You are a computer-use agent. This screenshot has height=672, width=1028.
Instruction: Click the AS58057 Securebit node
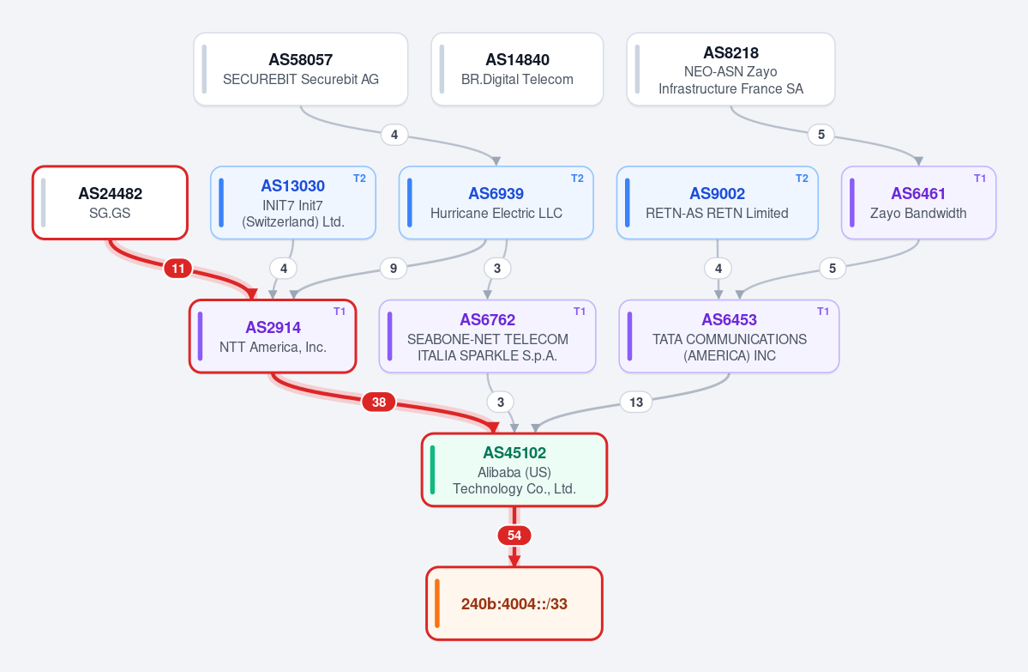[301, 69]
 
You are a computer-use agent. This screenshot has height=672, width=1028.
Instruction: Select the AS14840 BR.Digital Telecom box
[517, 69]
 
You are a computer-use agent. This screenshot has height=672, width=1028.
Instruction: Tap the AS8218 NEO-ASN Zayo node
[731, 69]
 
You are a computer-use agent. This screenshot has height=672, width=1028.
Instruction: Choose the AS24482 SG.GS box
[110, 203]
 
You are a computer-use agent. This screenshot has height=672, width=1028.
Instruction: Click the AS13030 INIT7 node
[293, 203]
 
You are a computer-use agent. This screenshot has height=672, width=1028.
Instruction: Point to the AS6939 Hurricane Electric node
[496, 203]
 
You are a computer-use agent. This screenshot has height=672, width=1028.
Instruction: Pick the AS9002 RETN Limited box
[718, 203]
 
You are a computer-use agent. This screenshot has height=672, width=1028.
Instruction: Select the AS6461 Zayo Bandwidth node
[918, 203]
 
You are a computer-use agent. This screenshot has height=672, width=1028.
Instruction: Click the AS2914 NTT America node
[273, 336]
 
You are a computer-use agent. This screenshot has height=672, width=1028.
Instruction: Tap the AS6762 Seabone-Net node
[488, 336]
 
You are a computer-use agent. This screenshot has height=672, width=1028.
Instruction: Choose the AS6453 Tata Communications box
[729, 336]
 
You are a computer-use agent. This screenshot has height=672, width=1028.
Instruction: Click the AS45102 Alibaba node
[514, 469]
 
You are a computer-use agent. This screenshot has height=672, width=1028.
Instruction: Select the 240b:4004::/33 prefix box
[514, 603]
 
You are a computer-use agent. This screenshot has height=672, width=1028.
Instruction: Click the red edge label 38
[379, 403]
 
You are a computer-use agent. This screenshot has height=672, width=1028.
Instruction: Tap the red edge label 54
[514, 536]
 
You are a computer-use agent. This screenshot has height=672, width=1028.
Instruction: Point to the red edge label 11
[178, 269]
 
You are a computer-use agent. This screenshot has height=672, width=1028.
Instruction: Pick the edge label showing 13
[636, 403]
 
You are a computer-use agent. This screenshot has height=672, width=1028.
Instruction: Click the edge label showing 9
[394, 269]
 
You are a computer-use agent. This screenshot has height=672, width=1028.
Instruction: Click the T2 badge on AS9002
[802, 179]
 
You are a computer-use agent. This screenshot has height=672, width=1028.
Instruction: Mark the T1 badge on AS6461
[980, 179]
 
